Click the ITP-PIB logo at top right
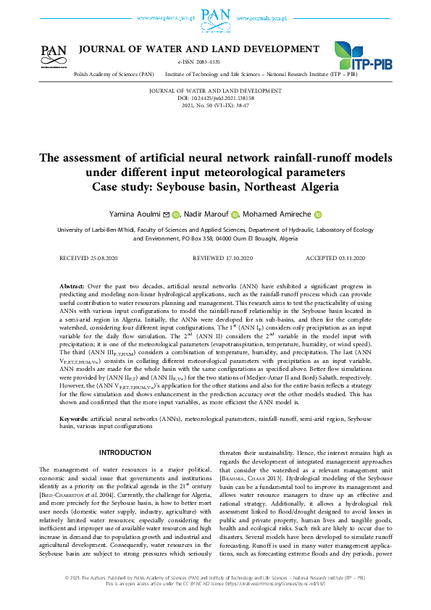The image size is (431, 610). [360, 56]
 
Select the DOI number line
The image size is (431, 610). [215, 98]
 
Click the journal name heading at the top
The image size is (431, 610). [198, 49]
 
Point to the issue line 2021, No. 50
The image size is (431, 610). [215, 105]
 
